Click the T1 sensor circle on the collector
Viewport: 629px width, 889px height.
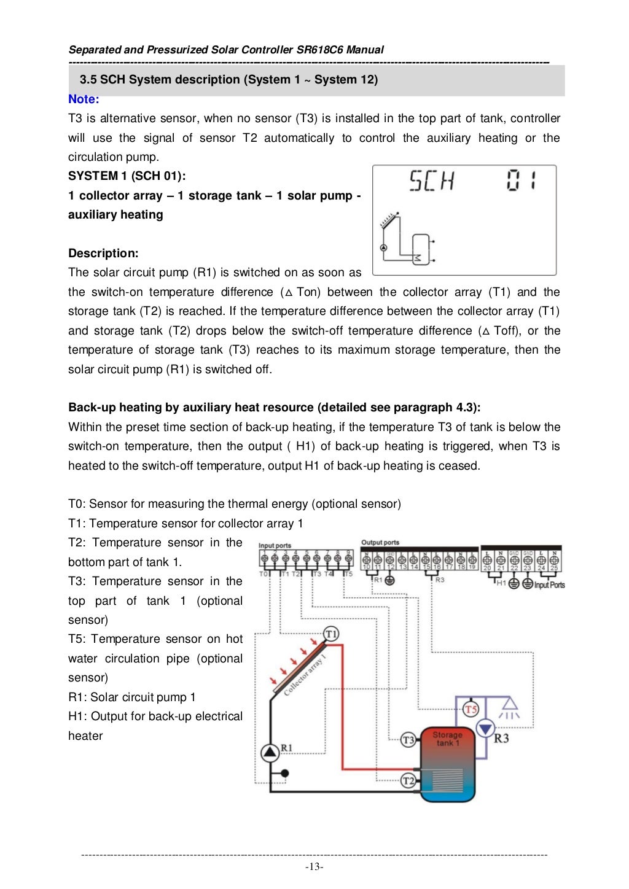(x=331, y=634)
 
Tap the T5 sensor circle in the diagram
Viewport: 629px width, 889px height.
(x=471, y=710)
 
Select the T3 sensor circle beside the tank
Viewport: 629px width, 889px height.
(x=408, y=740)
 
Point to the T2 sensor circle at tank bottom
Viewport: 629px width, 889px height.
(x=408, y=781)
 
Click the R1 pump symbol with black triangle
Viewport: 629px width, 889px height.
(x=270, y=753)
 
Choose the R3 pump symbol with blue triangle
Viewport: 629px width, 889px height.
(x=486, y=729)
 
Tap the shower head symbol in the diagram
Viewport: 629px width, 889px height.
(x=509, y=708)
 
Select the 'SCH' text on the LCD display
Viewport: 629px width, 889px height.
(x=431, y=181)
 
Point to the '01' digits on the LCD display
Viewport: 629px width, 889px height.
(x=521, y=181)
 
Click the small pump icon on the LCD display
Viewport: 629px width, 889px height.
(x=384, y=248)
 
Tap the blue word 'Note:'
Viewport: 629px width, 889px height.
(x=84, y=99)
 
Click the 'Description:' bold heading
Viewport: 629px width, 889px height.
(x=103, y=253)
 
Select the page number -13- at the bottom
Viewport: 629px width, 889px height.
(x=314, y=867)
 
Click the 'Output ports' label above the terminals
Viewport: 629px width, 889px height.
(x=380, y=542)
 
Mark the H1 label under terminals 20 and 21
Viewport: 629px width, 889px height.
(x=501, y=583)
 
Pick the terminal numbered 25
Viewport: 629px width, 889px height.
(x=554, y=568)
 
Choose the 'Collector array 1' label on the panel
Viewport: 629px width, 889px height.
(x=305, y=675)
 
